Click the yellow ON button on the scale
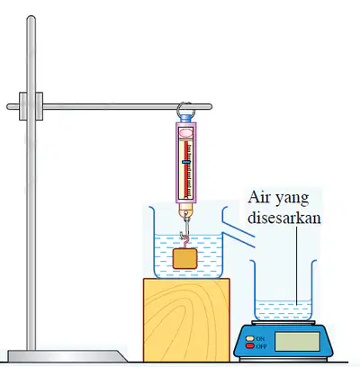pyautogui.click(x=249, y=338)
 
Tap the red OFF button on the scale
pyautogui.click(x=249, y=346)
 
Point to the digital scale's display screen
pyautogui.click(x=297, y=342)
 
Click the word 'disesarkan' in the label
pyautogui.click(x=284, y=218)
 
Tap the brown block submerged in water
pyautogui.click(x=184, y=258)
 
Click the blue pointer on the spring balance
pyautogui.click(x=186, y=162)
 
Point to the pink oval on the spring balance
pyautogui.click(x=185, y=132)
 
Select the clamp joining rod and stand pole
pyautogui.click(x=31, y=106)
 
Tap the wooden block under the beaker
pyautogui.click(x=186, y=320)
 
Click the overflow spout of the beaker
pyautogui.click(x=239, y=234)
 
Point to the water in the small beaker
pyautogui.click(x=283, y=310)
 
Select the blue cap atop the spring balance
pyautogui.click(x=185, y=118)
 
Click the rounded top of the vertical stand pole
pyautogui.click(x=31, y=19)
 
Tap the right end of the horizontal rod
pyautogui.click(x=210, y=107)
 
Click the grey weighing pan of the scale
pyautogui.click(x=283, y=323)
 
